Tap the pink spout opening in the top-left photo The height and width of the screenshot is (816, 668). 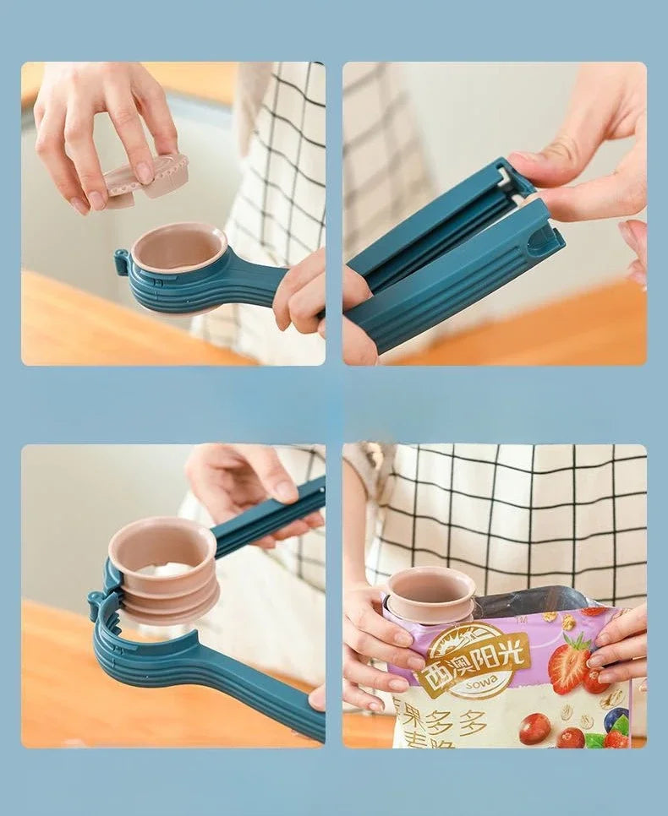[x=178, y=248]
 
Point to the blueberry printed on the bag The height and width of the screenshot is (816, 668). [x=615, y=719]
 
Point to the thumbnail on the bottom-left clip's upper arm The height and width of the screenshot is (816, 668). [x=283, y=489]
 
